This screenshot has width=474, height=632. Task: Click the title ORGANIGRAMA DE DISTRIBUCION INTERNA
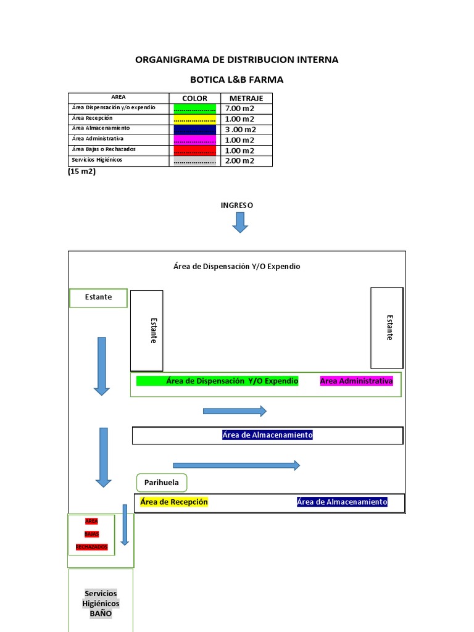coord(236,60)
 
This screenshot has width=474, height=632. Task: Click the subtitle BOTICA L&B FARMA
coord(236,80)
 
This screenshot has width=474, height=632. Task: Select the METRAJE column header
coord(246,98)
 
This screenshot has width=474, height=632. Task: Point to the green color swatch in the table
coord(194,109)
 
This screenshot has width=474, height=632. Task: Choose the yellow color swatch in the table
coord(194,119)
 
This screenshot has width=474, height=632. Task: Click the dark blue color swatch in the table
coord(194,130)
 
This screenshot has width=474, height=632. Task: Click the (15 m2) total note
coord(81,172)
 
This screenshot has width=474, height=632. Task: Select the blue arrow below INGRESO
coord(240,222)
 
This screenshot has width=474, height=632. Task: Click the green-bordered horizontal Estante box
coord(98,297)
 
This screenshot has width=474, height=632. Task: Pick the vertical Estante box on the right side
coord(387,328)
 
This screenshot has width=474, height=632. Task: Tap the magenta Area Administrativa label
coord(356,381)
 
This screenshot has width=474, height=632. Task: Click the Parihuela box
coord(161,482)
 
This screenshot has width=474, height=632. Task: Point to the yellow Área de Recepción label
coord(174,502)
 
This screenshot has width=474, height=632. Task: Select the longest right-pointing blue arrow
coord(236,465)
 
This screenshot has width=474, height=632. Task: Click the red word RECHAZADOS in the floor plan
coord(91,547)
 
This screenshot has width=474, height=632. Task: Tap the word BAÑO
coord(101,613)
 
